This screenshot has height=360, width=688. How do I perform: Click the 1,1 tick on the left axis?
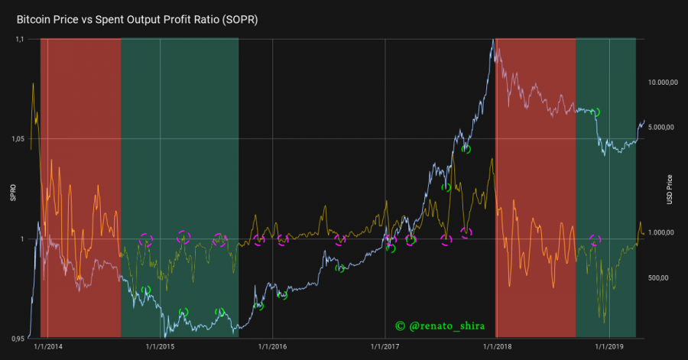21,39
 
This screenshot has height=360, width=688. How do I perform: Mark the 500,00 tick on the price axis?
659,278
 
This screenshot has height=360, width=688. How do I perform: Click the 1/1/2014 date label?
49,346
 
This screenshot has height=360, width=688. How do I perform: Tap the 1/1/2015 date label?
161,346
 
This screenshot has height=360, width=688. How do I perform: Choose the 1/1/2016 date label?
273,346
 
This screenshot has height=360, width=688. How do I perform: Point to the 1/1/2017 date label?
385,346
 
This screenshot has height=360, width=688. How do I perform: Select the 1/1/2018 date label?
497,346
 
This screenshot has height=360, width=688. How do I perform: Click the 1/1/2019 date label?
609,346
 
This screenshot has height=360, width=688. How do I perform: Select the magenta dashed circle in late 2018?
596,240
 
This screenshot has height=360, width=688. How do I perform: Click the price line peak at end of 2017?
490,41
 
